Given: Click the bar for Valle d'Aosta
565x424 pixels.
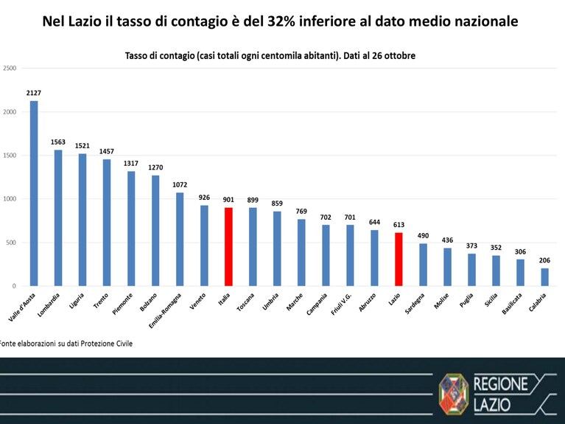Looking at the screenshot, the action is coord(34,193).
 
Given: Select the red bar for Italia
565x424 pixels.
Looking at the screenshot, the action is coord(228,247).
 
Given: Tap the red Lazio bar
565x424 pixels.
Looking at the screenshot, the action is coord(399,260).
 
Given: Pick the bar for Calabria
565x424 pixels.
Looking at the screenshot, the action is coord(544,277).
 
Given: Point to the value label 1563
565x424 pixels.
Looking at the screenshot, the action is coord(58,142).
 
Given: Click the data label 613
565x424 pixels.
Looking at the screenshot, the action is coord(399,225).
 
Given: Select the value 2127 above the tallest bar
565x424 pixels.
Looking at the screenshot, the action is coord(34,93).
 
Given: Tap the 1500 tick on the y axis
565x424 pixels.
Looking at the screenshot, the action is coord(10,156).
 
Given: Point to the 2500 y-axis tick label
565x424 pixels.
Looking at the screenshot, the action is coord(10,68).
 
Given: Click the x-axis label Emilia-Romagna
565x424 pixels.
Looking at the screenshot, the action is coord(165,310).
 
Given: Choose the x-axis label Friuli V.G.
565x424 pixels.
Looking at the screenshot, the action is coord(341,305).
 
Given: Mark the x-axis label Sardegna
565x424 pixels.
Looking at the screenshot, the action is coord(415,304).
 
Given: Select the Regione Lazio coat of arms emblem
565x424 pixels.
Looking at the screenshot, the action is coord(454,394).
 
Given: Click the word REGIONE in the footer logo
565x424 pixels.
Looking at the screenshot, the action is coord(500,384).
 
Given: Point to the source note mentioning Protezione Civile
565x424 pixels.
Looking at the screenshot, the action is coord(66,344).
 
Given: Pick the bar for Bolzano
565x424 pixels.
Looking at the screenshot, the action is coord(155,231).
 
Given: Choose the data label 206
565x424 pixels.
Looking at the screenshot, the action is coord(545,260).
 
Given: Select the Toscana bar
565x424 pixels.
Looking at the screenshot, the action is coord(253,247).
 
